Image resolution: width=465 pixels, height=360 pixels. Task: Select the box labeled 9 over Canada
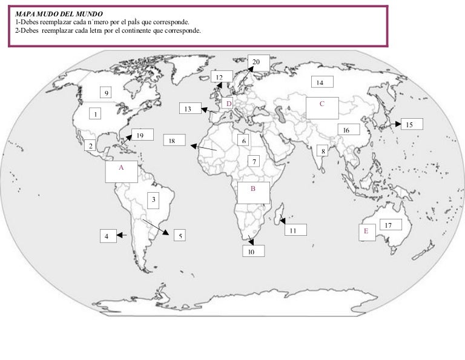[107, 93]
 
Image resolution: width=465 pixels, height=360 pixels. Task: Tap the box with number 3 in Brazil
[154, 199]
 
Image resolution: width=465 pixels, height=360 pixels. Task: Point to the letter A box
[121, 171]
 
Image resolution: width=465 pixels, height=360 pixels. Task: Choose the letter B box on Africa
[253, 192]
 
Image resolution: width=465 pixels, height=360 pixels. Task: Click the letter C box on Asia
[322, 107]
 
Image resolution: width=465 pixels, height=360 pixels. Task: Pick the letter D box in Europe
[229, 104]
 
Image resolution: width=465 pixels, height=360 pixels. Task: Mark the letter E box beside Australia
[366, 232]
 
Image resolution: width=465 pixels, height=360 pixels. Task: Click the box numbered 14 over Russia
[320, 82]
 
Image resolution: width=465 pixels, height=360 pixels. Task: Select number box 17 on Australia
[389, 225]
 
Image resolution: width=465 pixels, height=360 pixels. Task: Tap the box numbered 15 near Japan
[410, 124]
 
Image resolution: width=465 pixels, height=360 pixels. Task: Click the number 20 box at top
[256, 62]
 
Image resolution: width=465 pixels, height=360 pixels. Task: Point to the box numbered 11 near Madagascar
[293, 230]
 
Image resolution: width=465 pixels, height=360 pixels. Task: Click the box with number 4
[107, 236]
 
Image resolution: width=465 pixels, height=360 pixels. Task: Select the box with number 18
[173, 141]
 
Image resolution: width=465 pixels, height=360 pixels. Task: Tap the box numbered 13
[188, 109]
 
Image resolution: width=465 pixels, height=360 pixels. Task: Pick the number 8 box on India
[323, 152]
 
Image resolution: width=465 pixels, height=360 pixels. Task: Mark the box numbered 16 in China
[346, 130]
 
